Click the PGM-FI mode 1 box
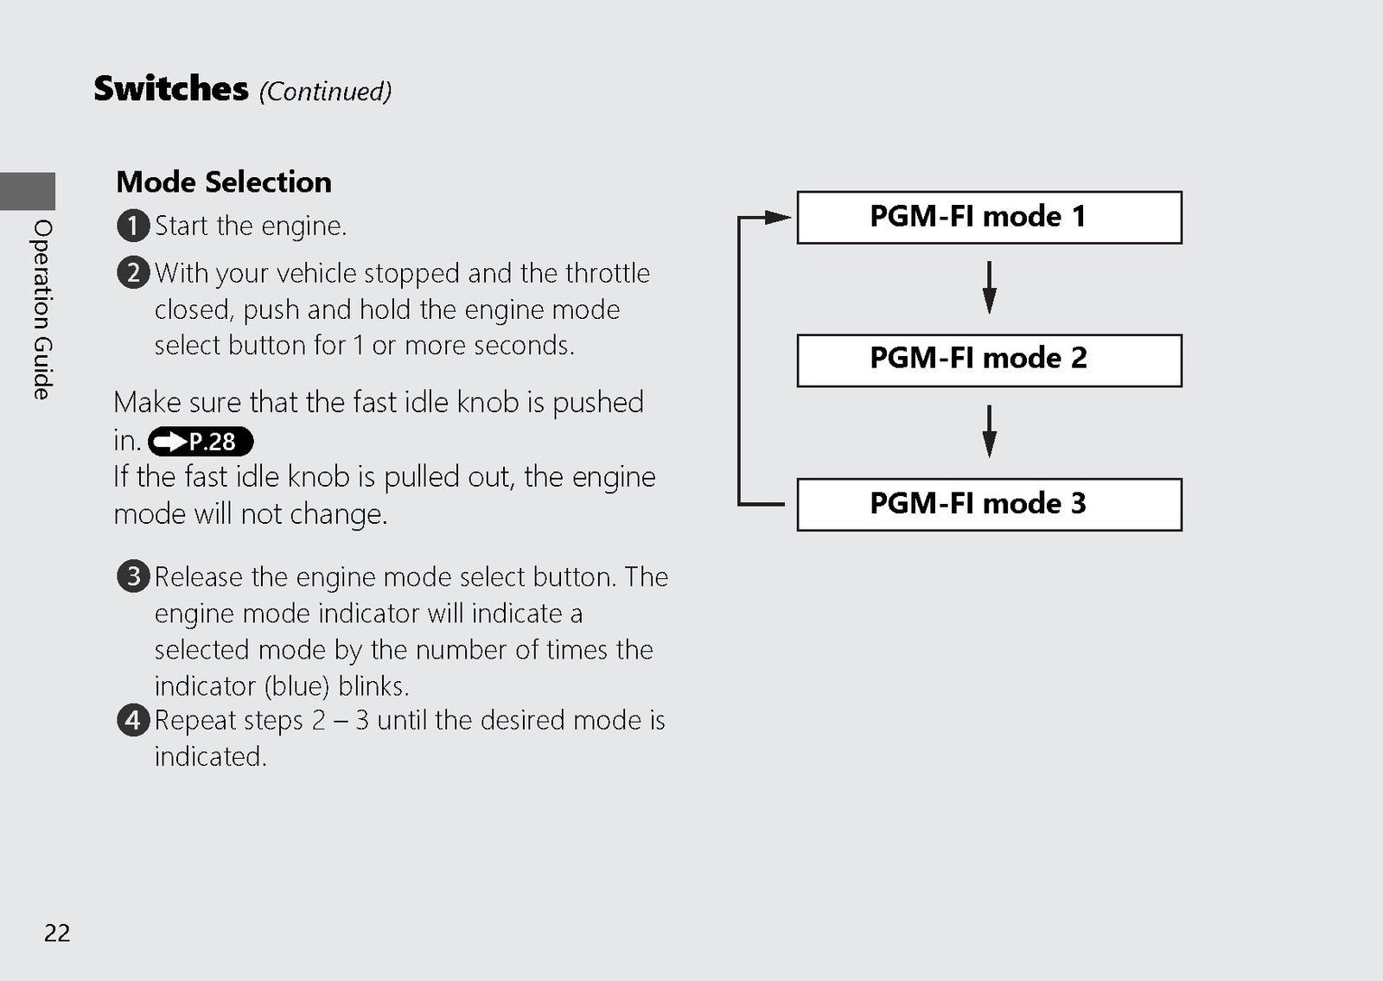click(989, 217)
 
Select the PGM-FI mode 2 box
click(989, 360)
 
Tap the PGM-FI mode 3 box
click(989, 505)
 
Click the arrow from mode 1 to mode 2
click(989, 288)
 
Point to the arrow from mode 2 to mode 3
click(989, 431)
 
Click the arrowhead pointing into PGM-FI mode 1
click(778, 217)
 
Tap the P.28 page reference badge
click(201, 442)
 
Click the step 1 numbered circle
click(133, 226)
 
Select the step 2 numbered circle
click(133, 272)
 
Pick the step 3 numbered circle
click(133, 576)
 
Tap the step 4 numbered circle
click(133, 720)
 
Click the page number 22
click(57, 933)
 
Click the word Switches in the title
click(171, 88)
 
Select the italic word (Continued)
click(325, 92)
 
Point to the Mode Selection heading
click(224, 182)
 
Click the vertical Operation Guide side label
click(42, 309)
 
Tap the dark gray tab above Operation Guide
click(28, 191)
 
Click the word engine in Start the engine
click(303, 227)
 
